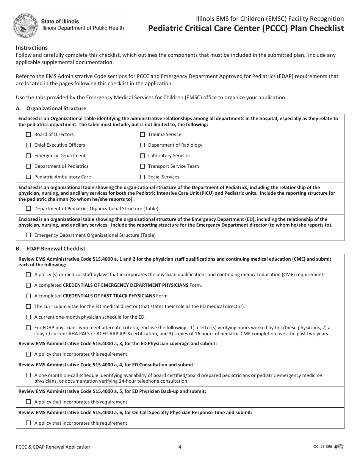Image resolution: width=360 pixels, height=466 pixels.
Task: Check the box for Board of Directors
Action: pos(28,134)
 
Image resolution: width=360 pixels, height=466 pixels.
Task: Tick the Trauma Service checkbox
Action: pos(142,134)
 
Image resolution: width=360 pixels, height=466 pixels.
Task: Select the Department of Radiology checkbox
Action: pos(142,145)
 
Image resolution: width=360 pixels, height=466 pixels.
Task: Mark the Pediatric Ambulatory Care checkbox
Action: pos(28,177)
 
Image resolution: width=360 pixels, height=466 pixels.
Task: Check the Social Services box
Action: pos(142,177)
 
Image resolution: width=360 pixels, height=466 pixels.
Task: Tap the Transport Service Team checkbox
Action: pos(142,166)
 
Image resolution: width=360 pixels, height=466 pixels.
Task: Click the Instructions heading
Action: pos(32,48)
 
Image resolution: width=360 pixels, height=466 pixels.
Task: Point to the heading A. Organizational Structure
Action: pos(51,109)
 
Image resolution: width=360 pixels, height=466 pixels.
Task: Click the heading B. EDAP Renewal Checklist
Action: pos(50,249)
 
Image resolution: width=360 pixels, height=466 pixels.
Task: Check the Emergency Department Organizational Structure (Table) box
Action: pos(28,235)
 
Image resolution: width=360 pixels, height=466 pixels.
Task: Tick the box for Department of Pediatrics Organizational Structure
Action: pos(28,209)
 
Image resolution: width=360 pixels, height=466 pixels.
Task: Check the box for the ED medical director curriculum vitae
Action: pos(28,306)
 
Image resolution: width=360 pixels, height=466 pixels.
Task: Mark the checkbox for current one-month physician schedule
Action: pos(28,317)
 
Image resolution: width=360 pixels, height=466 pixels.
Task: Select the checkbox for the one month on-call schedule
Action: pos(28,375)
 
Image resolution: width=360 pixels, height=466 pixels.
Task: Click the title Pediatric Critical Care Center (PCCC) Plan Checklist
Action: pos(246,28)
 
